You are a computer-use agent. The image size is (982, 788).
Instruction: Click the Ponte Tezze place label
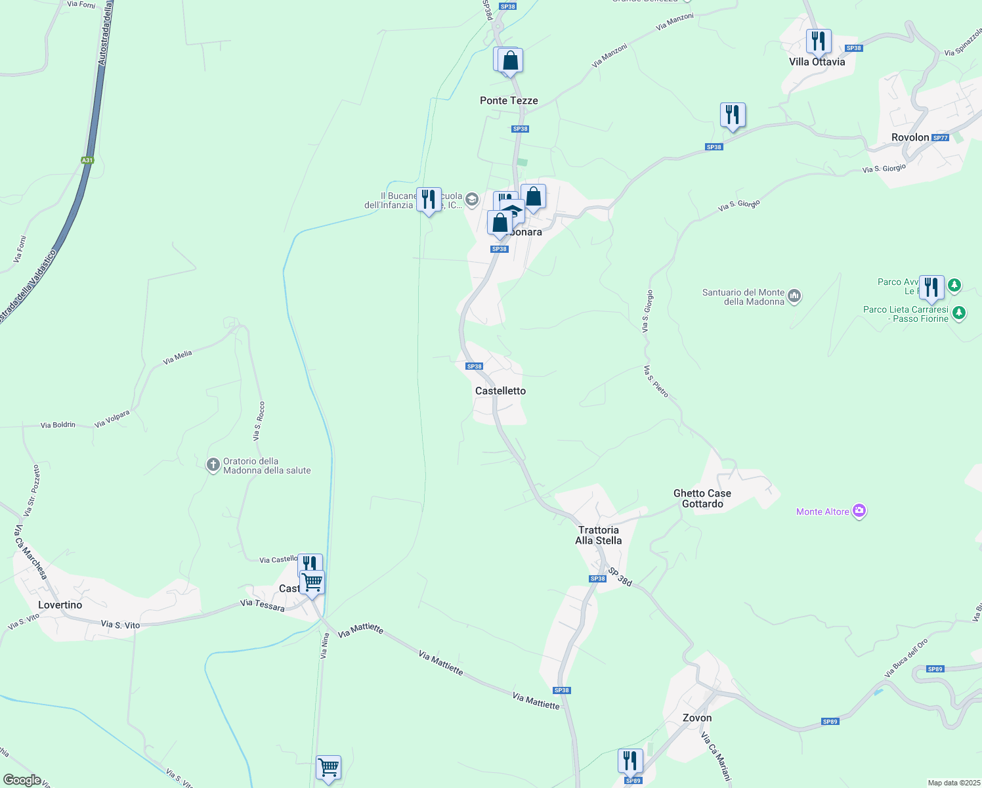[x=509, y=100]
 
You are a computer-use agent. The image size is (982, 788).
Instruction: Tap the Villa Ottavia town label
[x=817, y=62]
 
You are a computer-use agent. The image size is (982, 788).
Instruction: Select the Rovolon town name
[x=910, y=137]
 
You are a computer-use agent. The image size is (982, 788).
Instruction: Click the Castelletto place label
[x=500, y=391]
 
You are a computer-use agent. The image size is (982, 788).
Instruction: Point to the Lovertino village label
[x=60, y=605]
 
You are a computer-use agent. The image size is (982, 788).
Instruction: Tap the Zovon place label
[x=697, y=718]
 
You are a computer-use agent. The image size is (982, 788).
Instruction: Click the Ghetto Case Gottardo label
[x=702, y=498]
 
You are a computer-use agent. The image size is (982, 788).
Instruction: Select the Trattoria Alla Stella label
[x=598, y=535]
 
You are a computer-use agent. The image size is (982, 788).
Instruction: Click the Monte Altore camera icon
[x=859, y=511]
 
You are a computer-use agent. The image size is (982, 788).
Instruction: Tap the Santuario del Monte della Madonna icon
[x=794, y=297]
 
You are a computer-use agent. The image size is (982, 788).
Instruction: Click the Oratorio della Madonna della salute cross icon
[x=213, y=466]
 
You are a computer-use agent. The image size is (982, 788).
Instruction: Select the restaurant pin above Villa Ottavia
[x=819, y=41]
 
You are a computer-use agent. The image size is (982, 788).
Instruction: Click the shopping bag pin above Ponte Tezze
[x=510, y=60]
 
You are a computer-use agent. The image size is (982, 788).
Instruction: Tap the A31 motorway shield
[x=87, y=160]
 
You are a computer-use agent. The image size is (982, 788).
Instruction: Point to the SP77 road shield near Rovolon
[x=940, y=138]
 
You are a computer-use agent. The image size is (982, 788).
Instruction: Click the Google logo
[x=22, y=780]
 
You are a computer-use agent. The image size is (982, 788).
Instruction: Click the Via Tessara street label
[x=263, y=605]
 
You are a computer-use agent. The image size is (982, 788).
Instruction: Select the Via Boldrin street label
[x=58, y=425]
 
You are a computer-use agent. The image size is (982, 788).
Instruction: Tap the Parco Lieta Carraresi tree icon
[x=958, y=313]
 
